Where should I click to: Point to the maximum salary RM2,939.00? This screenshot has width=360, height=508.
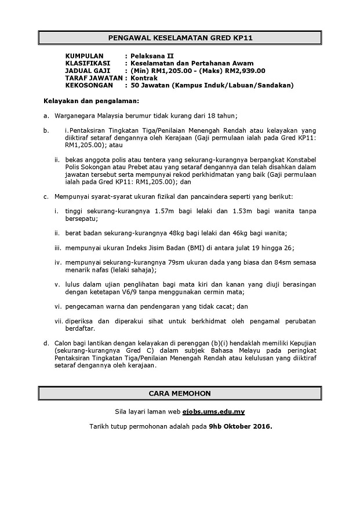coord(245,71)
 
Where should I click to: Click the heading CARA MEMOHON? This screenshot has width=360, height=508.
coord(180,393)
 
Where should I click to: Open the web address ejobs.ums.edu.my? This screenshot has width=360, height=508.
coord(213,412)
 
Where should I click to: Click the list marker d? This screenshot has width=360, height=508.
coord(46,343)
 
